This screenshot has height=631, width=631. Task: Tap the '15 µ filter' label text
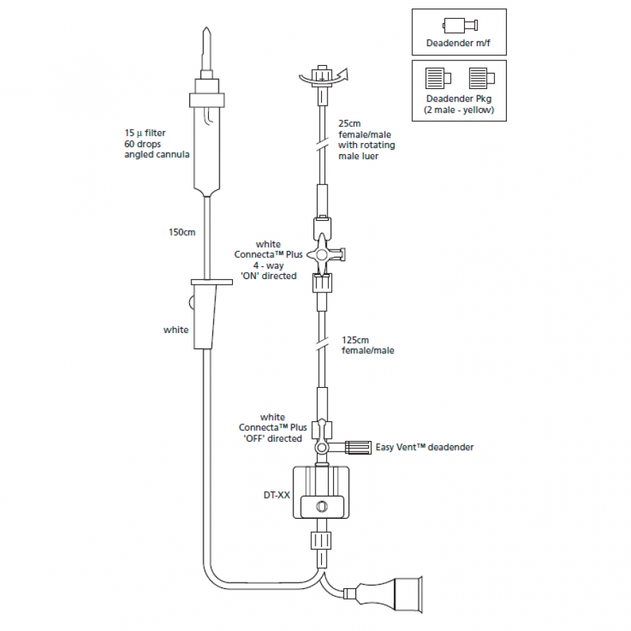[145, 132]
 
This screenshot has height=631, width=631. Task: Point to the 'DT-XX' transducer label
[276, 494]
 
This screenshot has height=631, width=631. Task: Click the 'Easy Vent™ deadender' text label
[425, 447]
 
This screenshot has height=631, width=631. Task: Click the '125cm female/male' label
[367, 345]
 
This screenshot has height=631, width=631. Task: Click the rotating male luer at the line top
[322, 75]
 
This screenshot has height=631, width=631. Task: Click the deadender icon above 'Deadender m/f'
[459, 27]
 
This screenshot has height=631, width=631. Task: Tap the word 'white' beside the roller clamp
[175, 330]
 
